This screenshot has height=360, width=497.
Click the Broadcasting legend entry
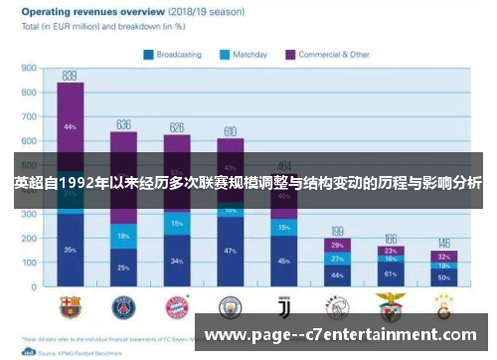point(178,54)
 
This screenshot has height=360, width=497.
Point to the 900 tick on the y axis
point(29,69)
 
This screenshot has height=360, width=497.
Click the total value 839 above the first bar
point(70,76)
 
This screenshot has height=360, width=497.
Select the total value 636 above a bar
point(123,124)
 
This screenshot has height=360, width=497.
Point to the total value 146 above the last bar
point(444,243)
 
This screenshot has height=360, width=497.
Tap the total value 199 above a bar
point(337,230)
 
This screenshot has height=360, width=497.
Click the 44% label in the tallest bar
point(70,127)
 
